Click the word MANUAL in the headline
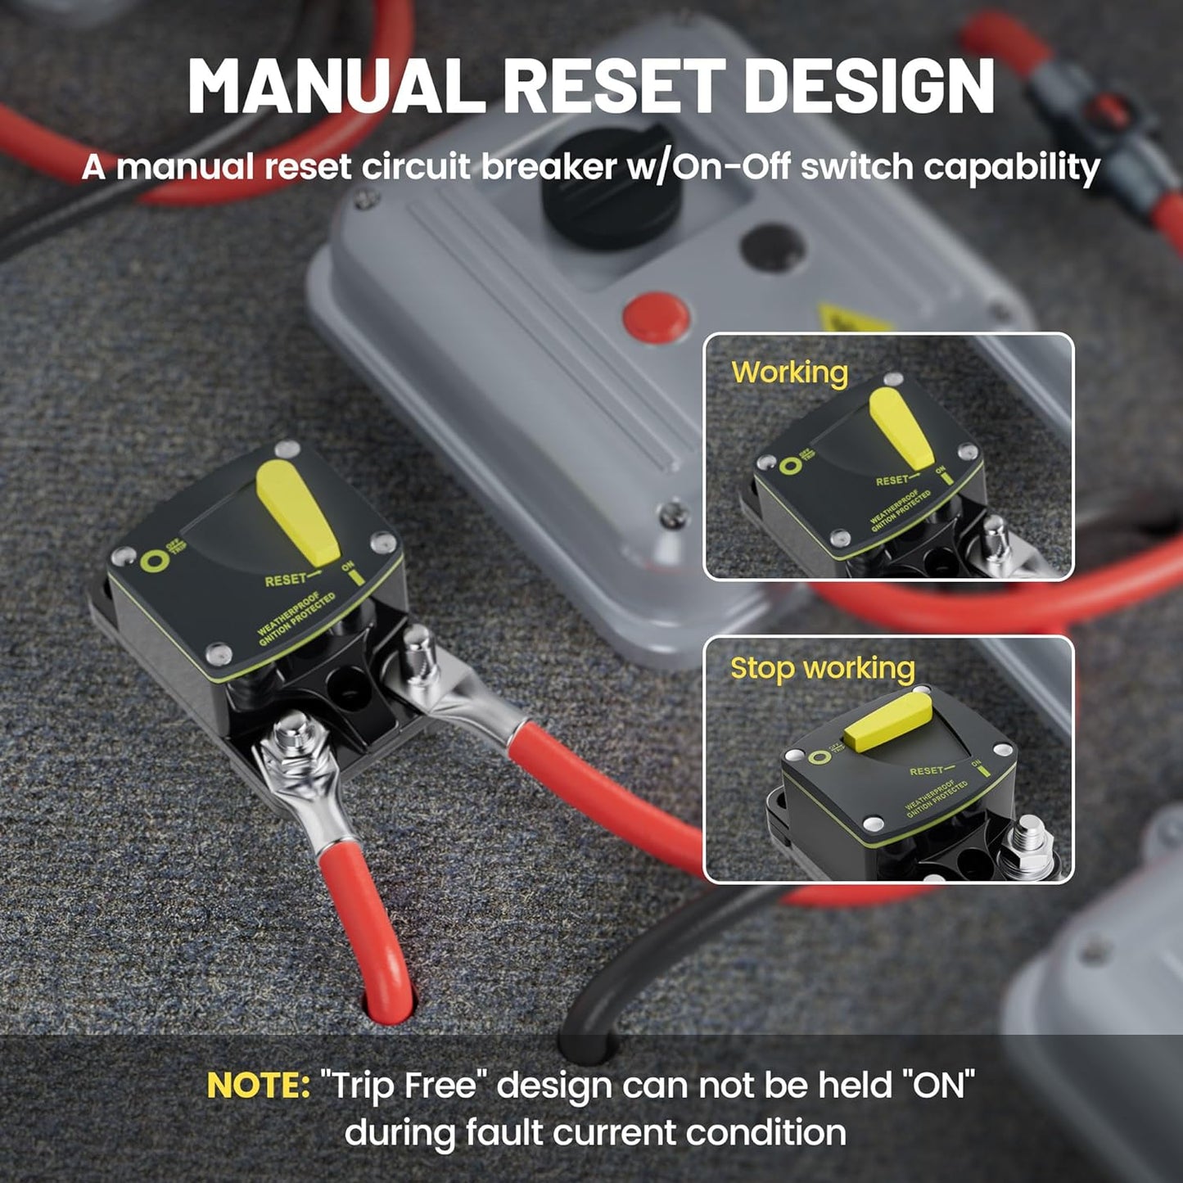tap(336, 86)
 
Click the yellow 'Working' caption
tap(789, 373)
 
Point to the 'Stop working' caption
tap(822, 668)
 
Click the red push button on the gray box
tap(655, 316)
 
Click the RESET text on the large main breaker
tap(285, 580)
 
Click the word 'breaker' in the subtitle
tap(548, 167)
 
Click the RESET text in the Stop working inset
tap(927, 771)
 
